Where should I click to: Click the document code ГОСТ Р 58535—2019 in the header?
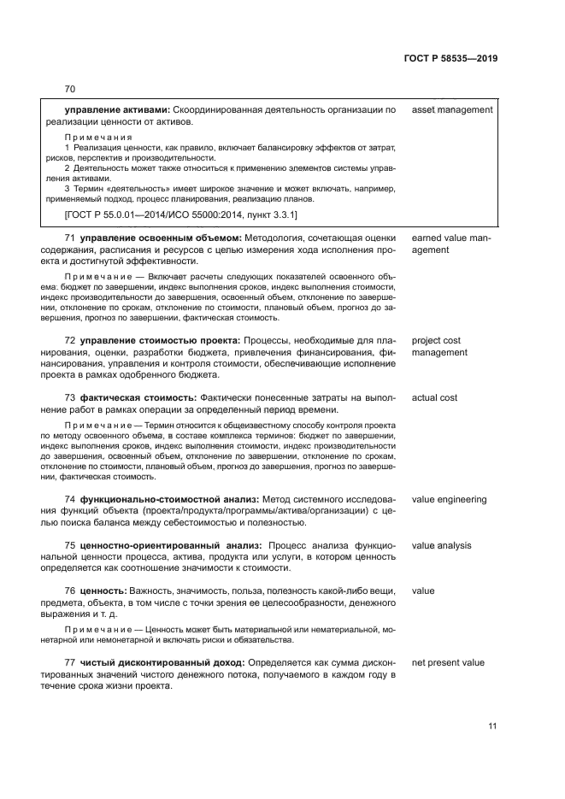450,59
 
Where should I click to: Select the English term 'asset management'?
451,109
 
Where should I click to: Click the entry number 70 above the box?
70,89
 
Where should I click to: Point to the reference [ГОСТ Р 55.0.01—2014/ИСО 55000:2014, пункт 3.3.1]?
181,214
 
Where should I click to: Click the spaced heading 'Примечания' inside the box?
99,137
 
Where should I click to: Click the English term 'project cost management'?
439,346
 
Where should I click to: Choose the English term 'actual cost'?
434,397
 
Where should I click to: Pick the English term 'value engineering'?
449,499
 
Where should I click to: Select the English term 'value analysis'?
441,545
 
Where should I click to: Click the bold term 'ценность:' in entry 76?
103,591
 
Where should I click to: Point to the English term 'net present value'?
448,662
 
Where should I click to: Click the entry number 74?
70,499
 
